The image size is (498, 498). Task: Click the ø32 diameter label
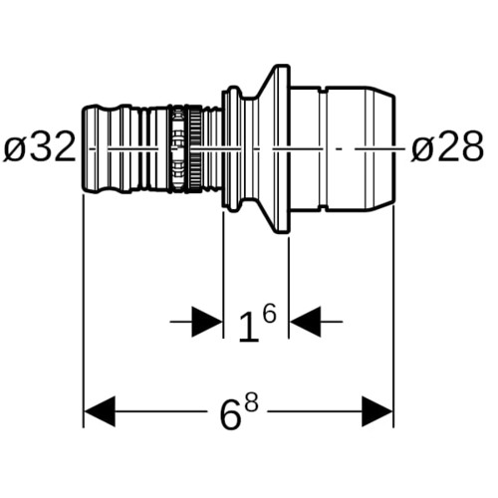40,146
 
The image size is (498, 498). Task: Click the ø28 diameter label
447,146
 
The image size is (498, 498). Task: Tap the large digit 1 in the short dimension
249,327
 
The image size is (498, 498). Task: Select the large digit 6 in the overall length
230,414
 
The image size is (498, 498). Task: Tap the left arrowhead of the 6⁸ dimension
100,411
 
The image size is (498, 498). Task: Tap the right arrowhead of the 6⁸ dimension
377,411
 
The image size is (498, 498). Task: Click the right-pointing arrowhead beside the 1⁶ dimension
206,322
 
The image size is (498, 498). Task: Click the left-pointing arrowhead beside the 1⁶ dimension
306,322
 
